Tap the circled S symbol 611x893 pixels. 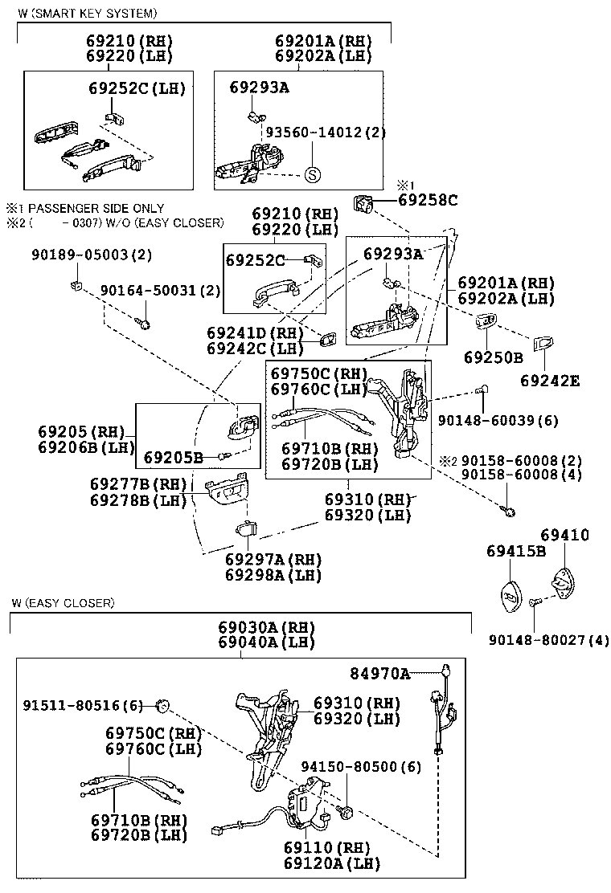pyautogui.click(x=313, y=175)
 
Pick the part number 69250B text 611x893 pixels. pyautogui.click(x=493, y=357)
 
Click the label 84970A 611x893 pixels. pyautogui.click(x=379, y=672)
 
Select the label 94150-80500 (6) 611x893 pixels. pyautogui.click(x=360, y=767)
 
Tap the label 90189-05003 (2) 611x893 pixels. pyautogui.click(x=92, y=255)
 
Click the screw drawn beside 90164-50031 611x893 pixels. pyautogui.click(x=145, y=322)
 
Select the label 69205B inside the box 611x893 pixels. pyautogui.click(x=173, y=458)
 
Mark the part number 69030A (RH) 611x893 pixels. pyautogui.click(x=255, y=627)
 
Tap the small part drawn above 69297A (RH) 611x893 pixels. pyautogui.click(x=246, y=530)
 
